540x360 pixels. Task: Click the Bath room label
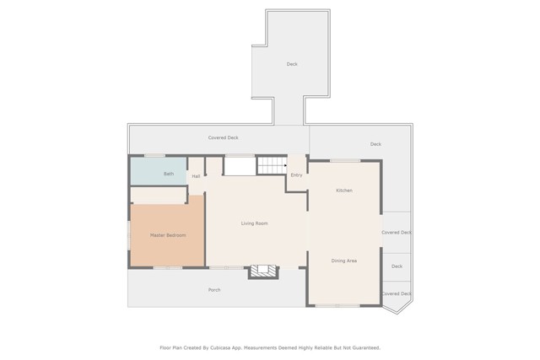169,174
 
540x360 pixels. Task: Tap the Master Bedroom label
168,235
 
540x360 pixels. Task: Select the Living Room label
254,223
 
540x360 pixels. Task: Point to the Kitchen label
344,191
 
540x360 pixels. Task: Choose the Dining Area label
344,261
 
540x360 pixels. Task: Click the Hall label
196,176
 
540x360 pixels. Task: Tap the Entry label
296,175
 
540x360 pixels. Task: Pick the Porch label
214,290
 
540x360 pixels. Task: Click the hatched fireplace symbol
263,271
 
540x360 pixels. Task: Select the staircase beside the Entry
273,165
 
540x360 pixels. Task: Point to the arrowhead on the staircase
285,165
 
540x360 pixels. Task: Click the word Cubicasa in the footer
221,348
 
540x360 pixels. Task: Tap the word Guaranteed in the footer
366,348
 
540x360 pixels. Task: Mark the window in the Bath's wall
154,156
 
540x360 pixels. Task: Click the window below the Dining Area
337,305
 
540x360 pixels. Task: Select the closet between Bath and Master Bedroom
159,195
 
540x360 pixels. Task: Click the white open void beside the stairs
240,166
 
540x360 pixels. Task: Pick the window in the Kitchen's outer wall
345,160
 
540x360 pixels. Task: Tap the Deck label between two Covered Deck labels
397,266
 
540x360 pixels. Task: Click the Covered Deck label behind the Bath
223,137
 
